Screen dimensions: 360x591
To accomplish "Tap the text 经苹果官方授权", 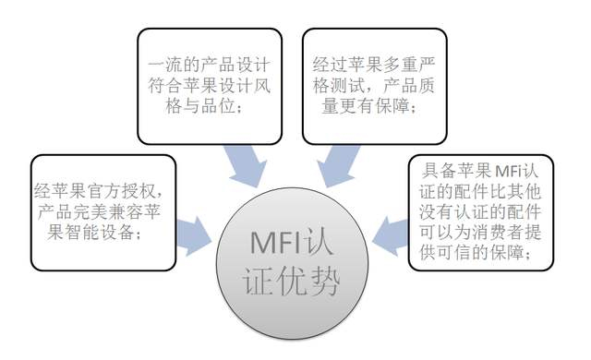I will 98,191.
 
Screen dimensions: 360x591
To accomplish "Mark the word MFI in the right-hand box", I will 510,171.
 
